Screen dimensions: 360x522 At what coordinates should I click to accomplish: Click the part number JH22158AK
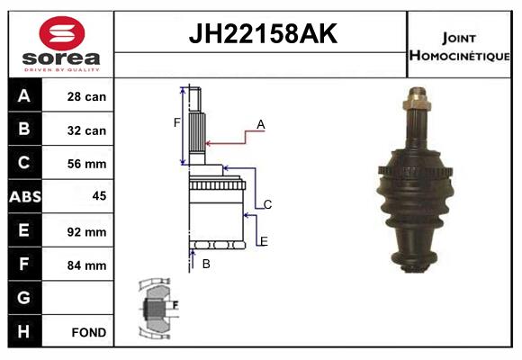pyautogui.click(x=261, y=35)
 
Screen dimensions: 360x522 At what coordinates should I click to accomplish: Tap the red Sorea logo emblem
pyautogui.click(x=62, y=35)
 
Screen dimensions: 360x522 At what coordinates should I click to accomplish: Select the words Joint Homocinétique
pyautogui.click(x=460, y=45)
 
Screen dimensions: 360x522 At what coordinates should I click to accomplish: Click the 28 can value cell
pyautogui.click(x=87, y=96)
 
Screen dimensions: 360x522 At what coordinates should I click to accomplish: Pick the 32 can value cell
pyautogui.click(x=87, y=130)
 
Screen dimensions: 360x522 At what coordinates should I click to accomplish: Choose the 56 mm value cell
pyautogui.click(x=87, y=164)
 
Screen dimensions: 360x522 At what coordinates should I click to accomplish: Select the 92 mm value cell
pyautogui.click(x=87, y=231)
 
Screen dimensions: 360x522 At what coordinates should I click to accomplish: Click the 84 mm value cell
pyautogui.click(x=87, y=265)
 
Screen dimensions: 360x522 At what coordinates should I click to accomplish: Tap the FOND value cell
pyautogui.click(x=87, y=332)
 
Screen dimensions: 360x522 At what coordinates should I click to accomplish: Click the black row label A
pyautogui.click(x=24, y=96)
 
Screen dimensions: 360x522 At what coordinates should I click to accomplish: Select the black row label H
pyautogui.click(x=24, y=332)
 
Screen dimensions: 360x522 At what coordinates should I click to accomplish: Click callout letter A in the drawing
pyautogui.click(x=260, y=125)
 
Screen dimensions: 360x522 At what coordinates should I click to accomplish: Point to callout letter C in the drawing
pyautogui.click(x=267, y=204)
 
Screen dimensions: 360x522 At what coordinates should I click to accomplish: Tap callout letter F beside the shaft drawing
pyautogui.click(x=177, y=122)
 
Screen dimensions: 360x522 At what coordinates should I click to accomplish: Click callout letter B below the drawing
pyautogui.click(x=206, y=264)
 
